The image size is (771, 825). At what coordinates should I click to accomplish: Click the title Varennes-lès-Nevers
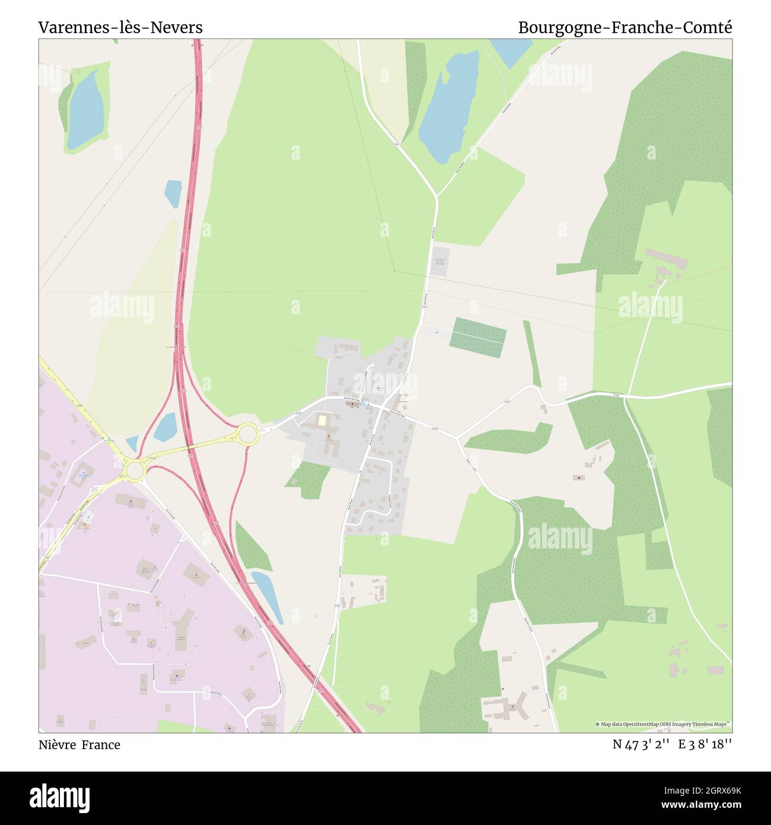(x=120, y=27)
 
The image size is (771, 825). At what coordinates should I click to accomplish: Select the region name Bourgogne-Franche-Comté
(x=625, y=27)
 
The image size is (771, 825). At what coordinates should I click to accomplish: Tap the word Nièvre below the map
(x=57, y=745)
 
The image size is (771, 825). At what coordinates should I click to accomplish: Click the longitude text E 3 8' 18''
(x=705, y=745)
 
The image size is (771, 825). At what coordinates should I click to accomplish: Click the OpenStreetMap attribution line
(x=663, y=724)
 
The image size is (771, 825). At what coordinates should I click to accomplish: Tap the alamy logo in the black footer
(x=60, y=797)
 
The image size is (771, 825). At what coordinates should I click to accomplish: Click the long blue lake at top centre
(x=449, y=107)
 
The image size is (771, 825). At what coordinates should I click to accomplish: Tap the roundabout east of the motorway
(x=247, y=434)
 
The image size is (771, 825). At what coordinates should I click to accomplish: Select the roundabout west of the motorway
(x=135, y=471)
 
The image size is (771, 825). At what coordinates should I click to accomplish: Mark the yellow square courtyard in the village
(x=321, y=420)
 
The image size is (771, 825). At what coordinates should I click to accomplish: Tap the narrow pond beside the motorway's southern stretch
(x=267, y=596)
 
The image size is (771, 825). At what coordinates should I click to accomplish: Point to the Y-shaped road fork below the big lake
(x=437, y=196)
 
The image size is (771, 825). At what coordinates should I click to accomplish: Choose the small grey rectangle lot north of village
(x=440, y=261)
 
